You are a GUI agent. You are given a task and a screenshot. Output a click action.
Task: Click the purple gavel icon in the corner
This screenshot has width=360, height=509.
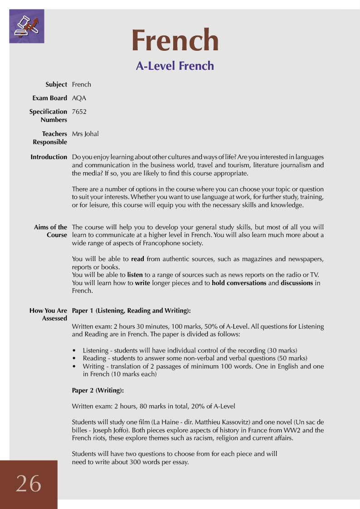27,26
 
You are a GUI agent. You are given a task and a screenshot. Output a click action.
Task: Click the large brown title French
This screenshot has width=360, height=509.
175,40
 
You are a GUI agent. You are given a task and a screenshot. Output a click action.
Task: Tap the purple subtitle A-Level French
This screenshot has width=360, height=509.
175,66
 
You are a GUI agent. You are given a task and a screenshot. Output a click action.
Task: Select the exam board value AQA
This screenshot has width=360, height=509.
79,98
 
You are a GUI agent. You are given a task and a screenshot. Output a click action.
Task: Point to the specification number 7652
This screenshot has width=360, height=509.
79,111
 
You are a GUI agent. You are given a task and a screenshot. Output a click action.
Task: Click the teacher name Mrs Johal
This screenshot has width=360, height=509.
85,134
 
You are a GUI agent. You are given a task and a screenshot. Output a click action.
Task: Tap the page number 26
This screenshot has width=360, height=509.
28,483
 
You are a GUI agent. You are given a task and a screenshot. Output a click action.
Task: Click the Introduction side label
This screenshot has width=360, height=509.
49,157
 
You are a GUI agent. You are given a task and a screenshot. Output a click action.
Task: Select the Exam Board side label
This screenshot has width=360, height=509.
49,98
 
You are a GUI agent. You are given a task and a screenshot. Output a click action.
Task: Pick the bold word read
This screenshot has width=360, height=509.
138,259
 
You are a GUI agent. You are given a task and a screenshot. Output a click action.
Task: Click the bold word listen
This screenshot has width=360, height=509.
135,275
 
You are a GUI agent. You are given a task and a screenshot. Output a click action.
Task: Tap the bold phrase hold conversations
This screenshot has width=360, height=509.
239,283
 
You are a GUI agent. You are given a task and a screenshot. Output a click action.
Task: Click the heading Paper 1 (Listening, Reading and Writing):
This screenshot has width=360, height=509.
131,310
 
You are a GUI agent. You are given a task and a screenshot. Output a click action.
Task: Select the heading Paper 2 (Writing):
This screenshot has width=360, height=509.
97,390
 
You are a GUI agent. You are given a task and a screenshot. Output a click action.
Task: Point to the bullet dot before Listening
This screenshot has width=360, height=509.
74,351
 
